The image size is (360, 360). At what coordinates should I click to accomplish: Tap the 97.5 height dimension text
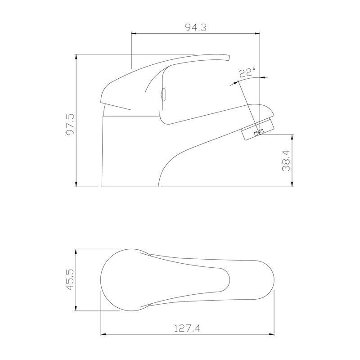pyautogui.click(x=70, y=125)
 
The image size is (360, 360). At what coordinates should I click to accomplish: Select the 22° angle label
pyautogui.click(x=247, y=72)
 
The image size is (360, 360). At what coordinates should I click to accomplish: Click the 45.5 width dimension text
pyautogui.click(x=70, y=279)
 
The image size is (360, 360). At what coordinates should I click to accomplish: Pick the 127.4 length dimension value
pyautogui.click(x=187, y=328)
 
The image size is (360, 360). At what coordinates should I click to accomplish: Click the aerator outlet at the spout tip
pyautogui.click(x=258, y=133)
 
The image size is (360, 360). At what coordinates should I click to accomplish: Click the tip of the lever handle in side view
pyautogui.click(x=228, y=57)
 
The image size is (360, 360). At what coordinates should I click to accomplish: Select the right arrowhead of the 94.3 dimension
pyautogui.click(x=257, y=33)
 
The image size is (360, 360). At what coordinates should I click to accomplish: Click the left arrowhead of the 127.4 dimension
pyautogui.click(x=103, y=334)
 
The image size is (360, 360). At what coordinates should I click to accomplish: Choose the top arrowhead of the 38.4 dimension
pyautogui.click(x=293, y=137)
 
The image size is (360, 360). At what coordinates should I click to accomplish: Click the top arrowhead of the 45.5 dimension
pyautogui.click(x=76, y=251)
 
